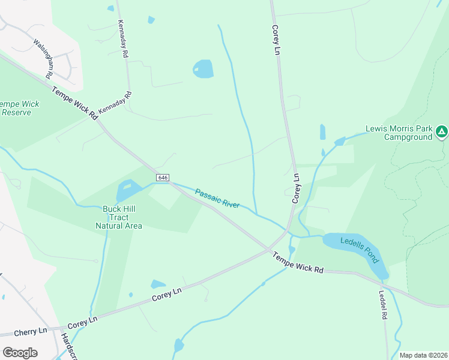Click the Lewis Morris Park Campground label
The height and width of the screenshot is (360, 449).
399,133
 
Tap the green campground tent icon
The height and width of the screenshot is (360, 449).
441,131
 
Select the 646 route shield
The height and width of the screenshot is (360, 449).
163,178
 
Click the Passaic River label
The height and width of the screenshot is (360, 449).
217,198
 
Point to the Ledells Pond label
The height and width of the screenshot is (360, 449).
359,250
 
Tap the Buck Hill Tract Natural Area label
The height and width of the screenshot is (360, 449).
119,217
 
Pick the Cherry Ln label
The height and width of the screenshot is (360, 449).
32,331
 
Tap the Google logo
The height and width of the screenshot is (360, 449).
20,352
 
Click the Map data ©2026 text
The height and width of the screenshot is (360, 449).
423,355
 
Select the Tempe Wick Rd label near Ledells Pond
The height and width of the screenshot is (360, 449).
298,263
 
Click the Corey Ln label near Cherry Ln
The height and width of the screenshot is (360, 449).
82,322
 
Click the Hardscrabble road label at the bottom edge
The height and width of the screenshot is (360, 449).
65,347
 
